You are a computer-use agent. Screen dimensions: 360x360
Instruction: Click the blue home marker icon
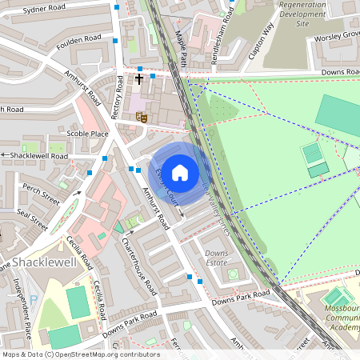[180, 171]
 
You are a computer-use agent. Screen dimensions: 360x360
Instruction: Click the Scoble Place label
[88, 134]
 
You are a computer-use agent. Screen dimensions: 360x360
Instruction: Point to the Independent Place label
[22, 307]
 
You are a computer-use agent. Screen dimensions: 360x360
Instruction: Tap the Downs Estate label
[216, 258]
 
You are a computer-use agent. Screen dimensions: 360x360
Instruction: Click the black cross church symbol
[139, 79]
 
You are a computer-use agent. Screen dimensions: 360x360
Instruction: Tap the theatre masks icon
[142, 117]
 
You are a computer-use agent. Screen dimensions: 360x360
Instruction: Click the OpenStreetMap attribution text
[80, 354]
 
